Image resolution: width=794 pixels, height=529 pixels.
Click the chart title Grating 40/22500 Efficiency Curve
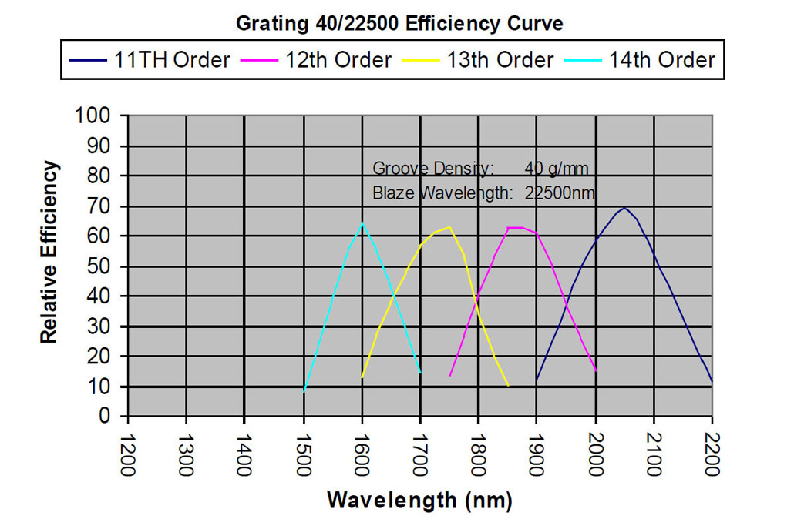(x=399, y=23)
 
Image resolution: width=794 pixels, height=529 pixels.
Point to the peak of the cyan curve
(x=362, y=223)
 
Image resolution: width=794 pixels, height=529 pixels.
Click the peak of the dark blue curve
(x=624, y=208)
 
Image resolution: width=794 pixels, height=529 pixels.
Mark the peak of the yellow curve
(x=449, y=227)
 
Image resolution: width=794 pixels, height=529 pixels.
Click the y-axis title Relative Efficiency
(x=49, y=252)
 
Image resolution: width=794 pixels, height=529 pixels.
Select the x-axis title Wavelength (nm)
(x=419, y=501)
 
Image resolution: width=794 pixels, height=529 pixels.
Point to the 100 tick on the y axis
(x=98, y=116)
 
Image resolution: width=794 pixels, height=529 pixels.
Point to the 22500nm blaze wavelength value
(x=560, y=193)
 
